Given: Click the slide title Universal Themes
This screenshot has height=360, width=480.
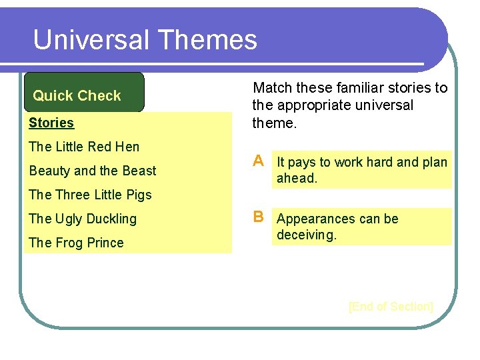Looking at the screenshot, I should click(x=145, y=39).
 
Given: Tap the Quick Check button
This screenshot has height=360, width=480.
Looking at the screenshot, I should click(x=77, y=95).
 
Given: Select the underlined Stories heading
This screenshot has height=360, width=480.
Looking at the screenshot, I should click(x=51, y=123).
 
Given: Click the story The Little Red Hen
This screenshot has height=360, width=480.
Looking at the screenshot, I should click(x=84, y=147).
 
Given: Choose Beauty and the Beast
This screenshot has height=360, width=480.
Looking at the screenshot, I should click(x=92, y=171).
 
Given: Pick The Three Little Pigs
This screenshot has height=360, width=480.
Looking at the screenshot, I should click(x=90, y=195).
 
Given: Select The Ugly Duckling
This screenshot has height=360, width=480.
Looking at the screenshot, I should click(x=83, y=219).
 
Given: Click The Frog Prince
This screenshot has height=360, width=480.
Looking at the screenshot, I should click(x=76, y=243).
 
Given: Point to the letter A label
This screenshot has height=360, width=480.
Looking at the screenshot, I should click(x=258, y=161).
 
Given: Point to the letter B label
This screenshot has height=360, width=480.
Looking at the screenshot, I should click(x=258, y=217).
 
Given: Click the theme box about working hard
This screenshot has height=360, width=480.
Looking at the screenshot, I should click(x=362, y=170).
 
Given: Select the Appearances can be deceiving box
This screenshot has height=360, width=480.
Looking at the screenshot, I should click(x=362, y=227).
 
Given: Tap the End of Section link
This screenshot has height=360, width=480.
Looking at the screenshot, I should click(x=391, y=307).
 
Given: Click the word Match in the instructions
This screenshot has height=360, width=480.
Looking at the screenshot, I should click(x=273, y=88).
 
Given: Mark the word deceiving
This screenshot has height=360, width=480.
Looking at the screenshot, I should click(x=307, y=235).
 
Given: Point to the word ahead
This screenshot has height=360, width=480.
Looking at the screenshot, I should click(x=297, y=178).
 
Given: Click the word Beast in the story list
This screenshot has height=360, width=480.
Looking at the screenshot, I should click(x=139, y=171).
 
